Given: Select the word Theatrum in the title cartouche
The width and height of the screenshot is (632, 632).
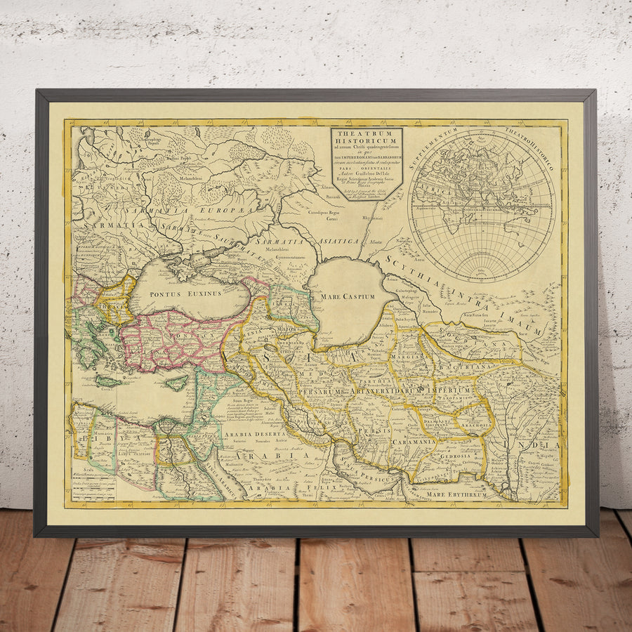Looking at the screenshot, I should pos(367,136).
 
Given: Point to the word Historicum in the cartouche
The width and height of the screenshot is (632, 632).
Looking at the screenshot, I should pos(367,145).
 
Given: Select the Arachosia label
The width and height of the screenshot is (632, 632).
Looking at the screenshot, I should pos(475,425).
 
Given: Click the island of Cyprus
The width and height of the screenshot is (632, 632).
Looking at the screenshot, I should pos(176,383).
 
